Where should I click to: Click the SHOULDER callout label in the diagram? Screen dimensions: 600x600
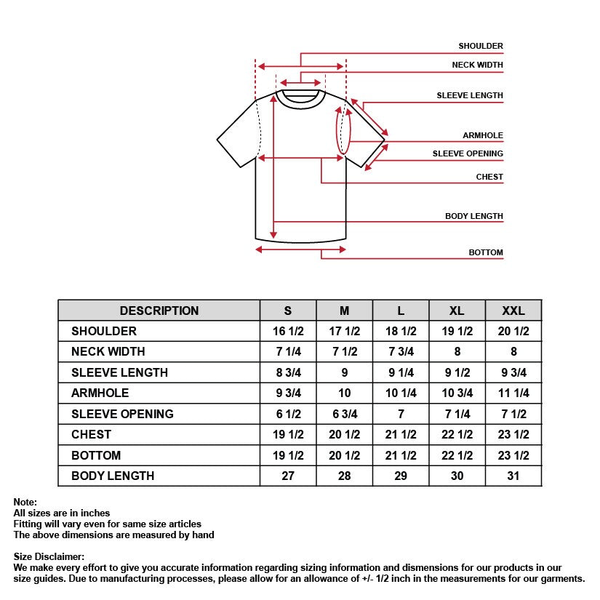(x=480, y=46)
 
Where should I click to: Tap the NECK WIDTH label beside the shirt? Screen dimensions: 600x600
(x=477, y=65)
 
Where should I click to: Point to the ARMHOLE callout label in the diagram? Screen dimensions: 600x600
(x=482, y=135)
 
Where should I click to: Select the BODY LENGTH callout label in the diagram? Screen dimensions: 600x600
(x=473, y=216)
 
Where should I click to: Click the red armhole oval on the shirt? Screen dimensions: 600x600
(x=343, y=131)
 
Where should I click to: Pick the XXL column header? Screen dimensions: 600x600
(x=513, y=311)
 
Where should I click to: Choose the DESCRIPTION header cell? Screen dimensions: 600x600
(x=159, y=311)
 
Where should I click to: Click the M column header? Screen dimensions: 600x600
(x=344, y=311)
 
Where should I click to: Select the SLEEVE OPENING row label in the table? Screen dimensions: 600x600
(x=122, y=414)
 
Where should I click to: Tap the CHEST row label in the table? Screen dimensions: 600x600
(x=91, y=434)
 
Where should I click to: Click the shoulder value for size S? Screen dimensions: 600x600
(x=288, y=331)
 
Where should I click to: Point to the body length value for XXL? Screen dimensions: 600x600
(x=513, y=476)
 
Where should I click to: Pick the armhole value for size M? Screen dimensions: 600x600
(x=344, y=393)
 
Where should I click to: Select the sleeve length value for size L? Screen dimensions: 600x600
(x=401, y=372)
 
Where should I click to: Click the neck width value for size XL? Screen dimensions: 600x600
(x=457, y=351)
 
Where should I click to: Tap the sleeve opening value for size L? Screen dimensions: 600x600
(x=401, y=414)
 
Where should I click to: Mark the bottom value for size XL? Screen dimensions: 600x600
(x=457, y=455)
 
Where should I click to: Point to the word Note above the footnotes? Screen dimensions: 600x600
(x=25, y=503)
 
